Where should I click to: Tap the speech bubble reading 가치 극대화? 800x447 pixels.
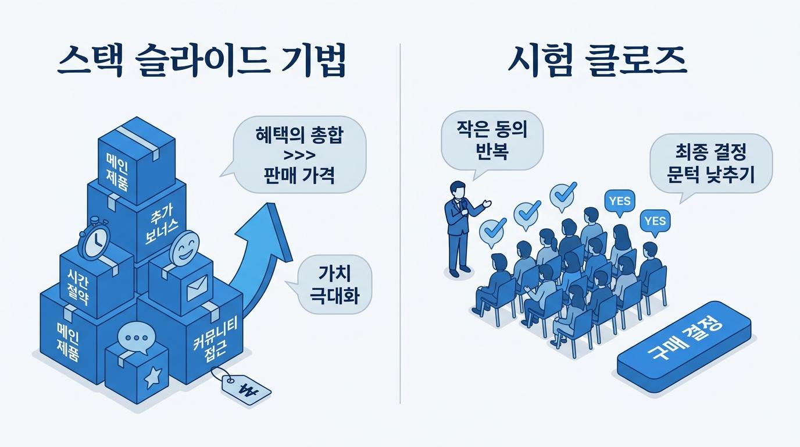point(330,285)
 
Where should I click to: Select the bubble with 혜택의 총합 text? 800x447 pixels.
point(297,154)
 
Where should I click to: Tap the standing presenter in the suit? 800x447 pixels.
point(460,229)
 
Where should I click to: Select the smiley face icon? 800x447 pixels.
point(184,247)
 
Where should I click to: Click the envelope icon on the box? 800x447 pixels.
point(197,288)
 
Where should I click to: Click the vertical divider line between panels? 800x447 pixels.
point(400,223)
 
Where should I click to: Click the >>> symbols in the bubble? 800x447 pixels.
point(299,155)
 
